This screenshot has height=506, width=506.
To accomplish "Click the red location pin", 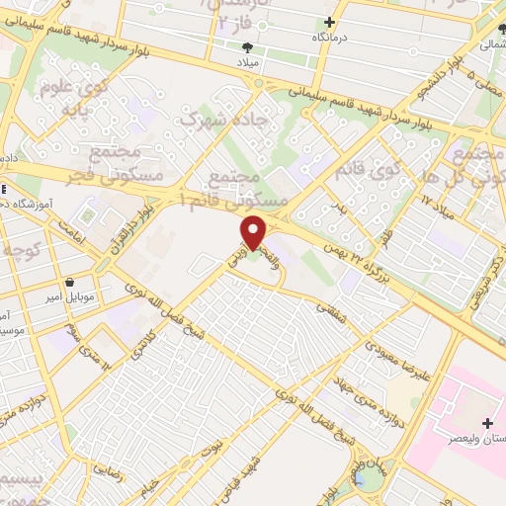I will tap(254, 233).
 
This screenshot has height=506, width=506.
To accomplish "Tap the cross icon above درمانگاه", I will tap(330, 22).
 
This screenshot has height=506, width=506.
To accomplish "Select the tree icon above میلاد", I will tap(247, 46).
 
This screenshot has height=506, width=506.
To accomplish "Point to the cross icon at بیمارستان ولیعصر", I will tap(487, 424).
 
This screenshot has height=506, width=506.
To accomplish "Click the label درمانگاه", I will tap(332, 37).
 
